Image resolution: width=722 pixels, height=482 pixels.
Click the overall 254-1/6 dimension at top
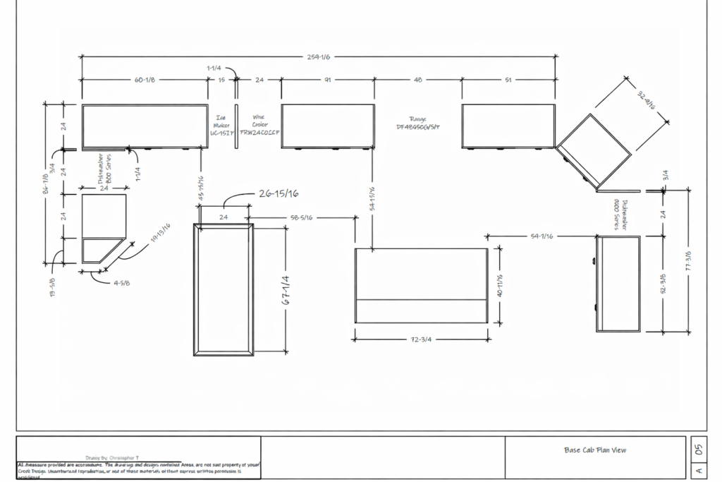[x=319, y=56]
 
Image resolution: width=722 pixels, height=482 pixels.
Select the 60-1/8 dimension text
[x=145, y=80]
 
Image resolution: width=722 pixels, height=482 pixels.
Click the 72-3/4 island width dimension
[x=421, y=339]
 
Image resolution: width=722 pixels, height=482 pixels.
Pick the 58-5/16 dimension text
[x=302, y=218]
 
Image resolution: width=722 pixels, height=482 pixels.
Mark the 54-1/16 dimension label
[x=541, y=235]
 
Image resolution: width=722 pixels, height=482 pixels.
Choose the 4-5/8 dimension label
[x=121, y=283]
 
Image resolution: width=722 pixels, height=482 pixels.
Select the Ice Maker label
[x=221, y=124]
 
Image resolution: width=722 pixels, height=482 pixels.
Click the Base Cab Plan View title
[x=595, y=450]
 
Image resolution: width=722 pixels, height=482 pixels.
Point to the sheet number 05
[x=698, y=448]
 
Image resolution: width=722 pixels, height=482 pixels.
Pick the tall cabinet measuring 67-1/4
[x=224, y=289]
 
